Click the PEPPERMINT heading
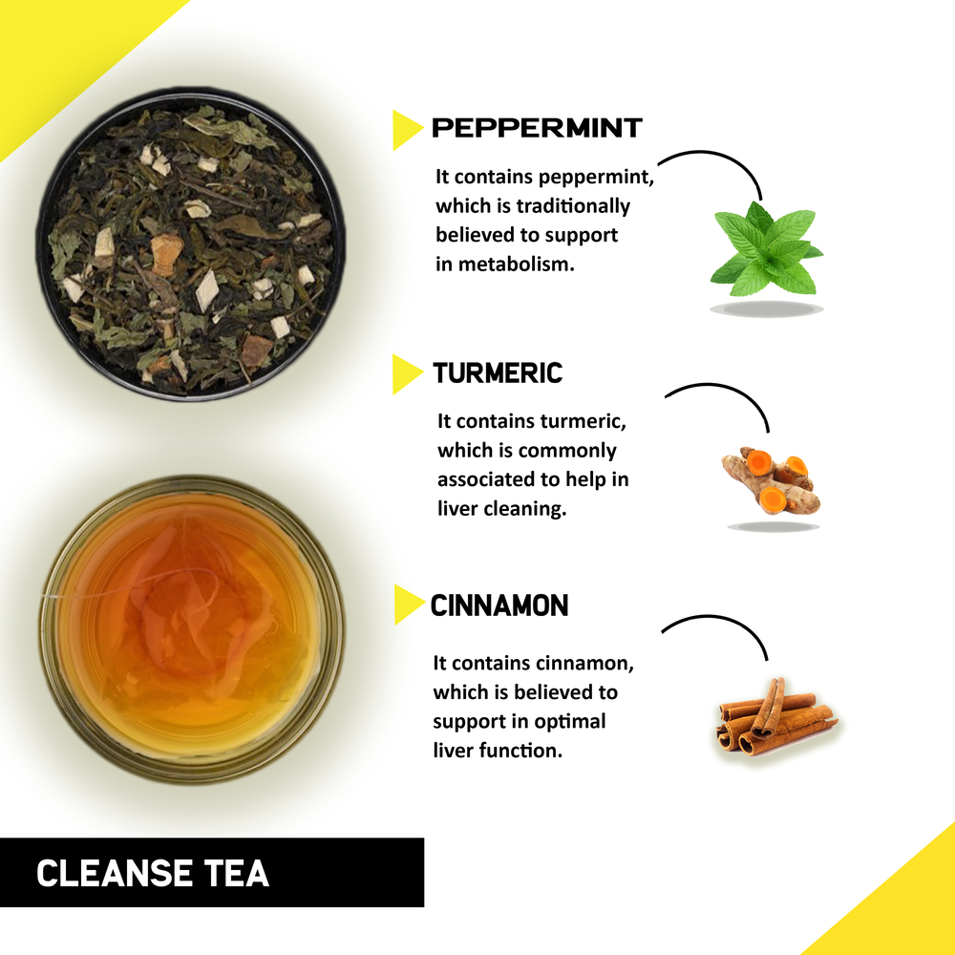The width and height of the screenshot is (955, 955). pos(537,128)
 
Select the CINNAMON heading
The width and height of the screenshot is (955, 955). pos(499,605)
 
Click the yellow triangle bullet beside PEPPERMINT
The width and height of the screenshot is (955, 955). pos(405,130)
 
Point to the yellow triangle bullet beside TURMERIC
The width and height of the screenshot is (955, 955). pos(405,374)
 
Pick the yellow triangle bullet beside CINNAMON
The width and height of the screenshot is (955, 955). pos(407,605)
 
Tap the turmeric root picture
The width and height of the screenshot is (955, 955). pos(770,479)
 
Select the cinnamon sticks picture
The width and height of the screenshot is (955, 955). pos(774,716)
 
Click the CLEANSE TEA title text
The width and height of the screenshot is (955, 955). pos(153,873)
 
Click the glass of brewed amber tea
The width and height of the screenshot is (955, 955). pos(191,630)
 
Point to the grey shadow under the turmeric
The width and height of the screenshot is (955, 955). pos(774,526)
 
